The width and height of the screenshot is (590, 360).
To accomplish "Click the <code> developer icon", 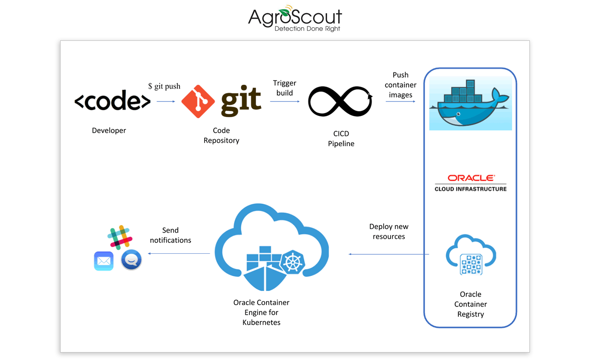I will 112,102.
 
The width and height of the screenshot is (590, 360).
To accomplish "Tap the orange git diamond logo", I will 198,102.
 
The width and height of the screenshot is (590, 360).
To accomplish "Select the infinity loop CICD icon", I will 340,101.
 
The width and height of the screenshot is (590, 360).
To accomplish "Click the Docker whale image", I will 470,104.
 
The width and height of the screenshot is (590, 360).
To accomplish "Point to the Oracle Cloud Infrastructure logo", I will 470,183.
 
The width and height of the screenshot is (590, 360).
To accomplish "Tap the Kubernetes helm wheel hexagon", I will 292,262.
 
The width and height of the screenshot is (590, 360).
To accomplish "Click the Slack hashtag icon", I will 120,237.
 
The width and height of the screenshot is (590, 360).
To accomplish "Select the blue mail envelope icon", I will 104,261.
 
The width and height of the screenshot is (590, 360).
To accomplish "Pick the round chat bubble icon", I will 131,260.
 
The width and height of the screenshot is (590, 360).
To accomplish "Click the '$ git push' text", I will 164,86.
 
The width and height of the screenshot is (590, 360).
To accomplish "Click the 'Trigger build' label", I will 284,88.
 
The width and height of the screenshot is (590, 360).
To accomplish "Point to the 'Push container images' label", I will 400,85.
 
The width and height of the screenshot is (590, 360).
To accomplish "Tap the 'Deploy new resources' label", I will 389,231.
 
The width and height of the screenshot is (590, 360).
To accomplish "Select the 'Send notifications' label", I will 170,235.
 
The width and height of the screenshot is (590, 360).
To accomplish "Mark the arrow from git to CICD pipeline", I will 284,101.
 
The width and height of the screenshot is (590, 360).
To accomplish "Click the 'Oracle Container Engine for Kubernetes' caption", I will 261,312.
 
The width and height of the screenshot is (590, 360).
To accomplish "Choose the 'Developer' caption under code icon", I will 109,130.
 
